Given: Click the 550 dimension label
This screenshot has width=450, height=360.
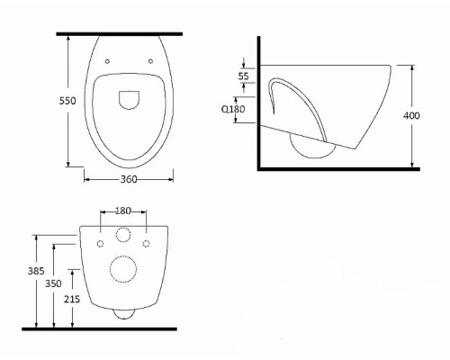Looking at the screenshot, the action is tap(67, 101).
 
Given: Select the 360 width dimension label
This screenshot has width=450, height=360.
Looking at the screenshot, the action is tap(129, 179).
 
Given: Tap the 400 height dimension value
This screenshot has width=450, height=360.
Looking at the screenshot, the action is tap(411, 115).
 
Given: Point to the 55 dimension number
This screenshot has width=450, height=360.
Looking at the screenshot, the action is tap(244, 76).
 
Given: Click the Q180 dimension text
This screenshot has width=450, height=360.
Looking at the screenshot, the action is tap(233, 109).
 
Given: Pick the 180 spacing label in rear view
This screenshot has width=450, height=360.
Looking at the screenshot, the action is tap(123, 211).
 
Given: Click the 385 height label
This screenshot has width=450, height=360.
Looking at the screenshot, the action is tap(36, 271).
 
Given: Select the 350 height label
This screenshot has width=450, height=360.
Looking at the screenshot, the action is tap(53, 283).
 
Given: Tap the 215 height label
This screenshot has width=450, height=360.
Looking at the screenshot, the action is tap(72, 299).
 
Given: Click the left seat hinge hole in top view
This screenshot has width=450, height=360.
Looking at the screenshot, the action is tap(107, 61).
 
